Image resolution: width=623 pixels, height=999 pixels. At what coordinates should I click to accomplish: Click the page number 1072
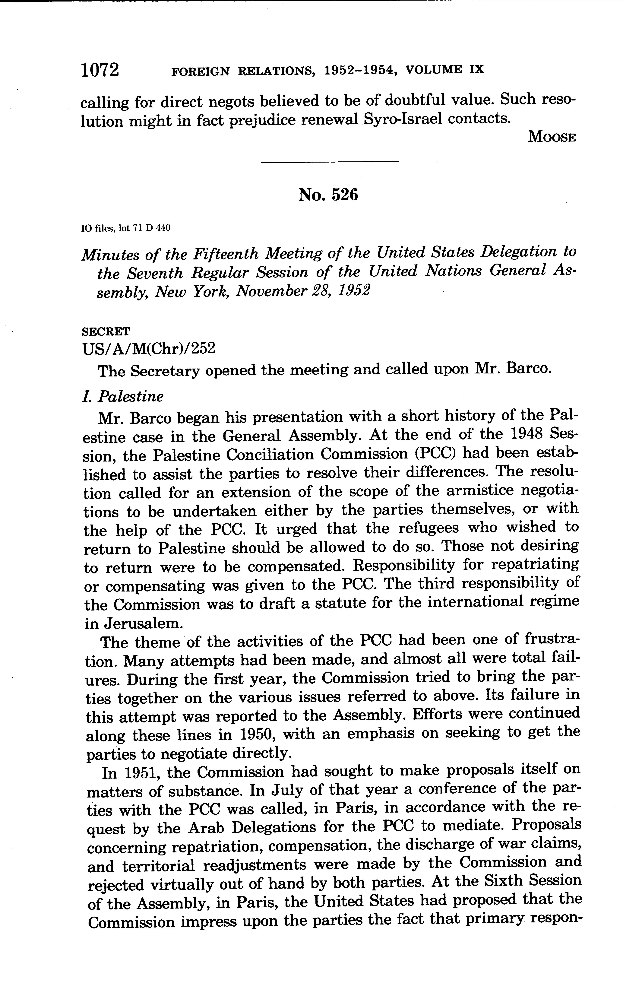coord(100,70)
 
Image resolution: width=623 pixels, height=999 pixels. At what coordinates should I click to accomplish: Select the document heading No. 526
coord(328,195)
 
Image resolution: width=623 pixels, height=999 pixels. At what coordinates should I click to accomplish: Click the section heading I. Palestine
coord(123,396)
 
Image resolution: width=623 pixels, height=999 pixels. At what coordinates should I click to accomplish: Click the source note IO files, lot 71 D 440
coord(126,228)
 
